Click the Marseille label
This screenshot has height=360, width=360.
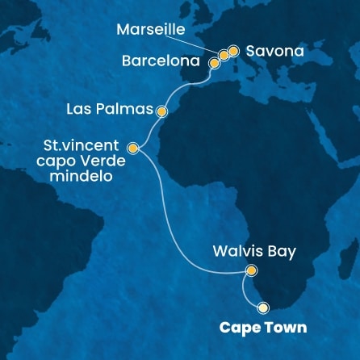[151, 31]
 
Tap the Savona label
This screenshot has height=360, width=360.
[275, 51]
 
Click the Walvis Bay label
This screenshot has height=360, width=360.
[256, 252]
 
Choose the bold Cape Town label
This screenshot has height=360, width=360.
[253, 328]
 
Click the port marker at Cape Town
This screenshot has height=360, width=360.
[263, 308]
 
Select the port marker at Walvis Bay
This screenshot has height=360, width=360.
[251, 271]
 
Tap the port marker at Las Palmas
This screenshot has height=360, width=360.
[162, 111]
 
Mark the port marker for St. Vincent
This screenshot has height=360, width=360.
[133, 148]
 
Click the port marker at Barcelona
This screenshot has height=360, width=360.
[215, 61]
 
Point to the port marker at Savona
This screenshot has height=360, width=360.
[233, 51]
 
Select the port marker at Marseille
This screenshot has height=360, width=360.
[224, 55]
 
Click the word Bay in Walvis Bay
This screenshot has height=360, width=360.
[283, 252]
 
